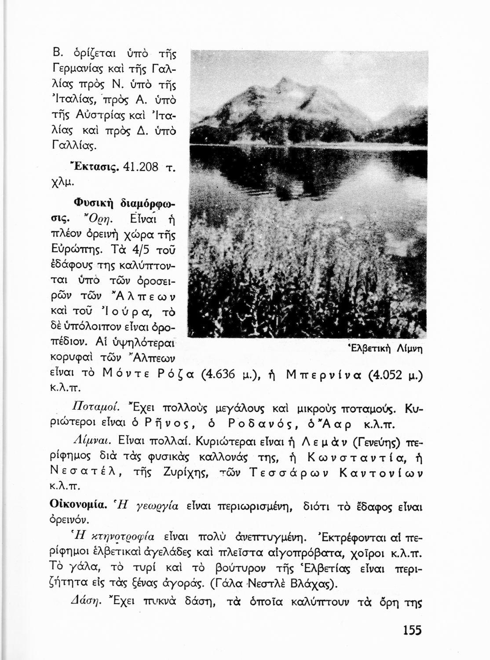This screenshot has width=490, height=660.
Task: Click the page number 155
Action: click(412, 630)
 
